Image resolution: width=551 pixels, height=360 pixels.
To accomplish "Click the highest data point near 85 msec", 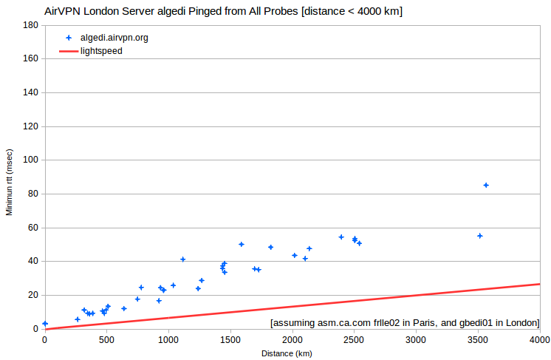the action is pyautogui.click(x=486, y=186).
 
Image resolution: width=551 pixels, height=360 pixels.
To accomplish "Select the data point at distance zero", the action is pyautogui.click(x=45, y=324).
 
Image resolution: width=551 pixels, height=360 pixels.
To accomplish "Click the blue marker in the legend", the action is pyautogui.click(x=69, y=38).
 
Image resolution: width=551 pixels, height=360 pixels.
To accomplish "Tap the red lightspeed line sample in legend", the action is pyautogui.click(x=69, y=51).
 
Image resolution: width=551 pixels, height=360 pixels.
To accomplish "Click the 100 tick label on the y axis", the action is pyautogui.click(x=30, y=160).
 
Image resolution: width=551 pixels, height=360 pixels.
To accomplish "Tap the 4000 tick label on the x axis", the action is pyautogui.click(x=540, y=340).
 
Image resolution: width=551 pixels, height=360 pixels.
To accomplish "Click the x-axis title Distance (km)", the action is pyautogui.click(x=287, y=353).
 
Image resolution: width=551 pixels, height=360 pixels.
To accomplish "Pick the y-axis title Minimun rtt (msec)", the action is pyautogui.click(x=9, y=182).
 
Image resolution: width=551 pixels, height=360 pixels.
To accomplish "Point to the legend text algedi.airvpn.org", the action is pyautogui.click(x=114, y=38).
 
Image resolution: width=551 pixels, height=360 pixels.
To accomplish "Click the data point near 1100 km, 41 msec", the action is pyautogui.click(x=182, y=259).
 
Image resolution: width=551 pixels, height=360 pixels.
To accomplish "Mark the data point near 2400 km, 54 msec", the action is pyautogui.click(x=341, y=237).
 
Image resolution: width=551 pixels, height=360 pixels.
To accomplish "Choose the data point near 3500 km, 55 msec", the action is pyautogui.click(x=480, y=236).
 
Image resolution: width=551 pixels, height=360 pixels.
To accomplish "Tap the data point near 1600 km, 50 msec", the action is pyautogui.click(x=242, y=245).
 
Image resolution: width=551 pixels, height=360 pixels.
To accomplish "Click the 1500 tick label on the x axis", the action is pyautogui.click(x=230, y=340).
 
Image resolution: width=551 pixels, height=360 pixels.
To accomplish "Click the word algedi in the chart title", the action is pyautogui.click(x=171, y=11).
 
